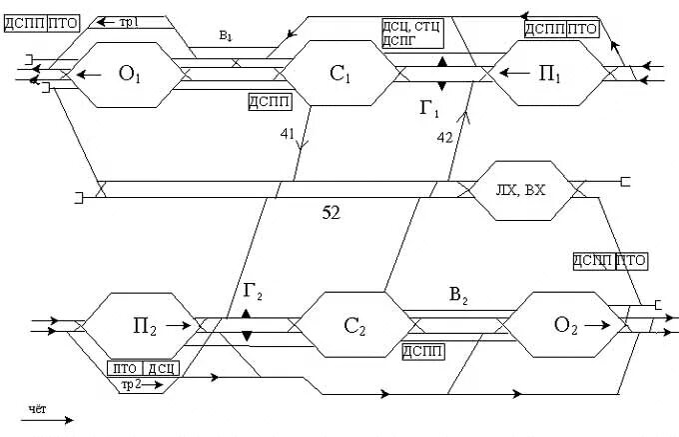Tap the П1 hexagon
pyautogui.click(x=550, y=74)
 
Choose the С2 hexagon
pyautogui.click(x=351, y=326)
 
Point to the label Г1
pyautogui.click(x=429, y=108)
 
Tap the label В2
pyautogui.click(x=459, y=296)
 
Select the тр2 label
pyautogui.click(x=132, y=385)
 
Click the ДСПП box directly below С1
pyautogui.click(x=270, y=100)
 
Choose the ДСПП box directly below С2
pyautogui.click(x=423, y=351)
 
